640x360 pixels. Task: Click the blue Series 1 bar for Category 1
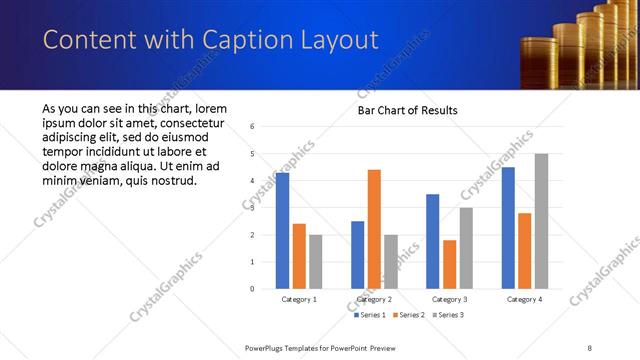click(282, 230)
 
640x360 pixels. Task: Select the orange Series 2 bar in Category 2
click(374, 229)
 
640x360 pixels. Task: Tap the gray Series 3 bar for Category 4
click(541, 221)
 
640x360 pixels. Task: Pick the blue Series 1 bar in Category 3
click(432, 241)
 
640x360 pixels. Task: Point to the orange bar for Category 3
click(449, 264)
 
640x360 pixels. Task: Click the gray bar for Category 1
click(316, 262)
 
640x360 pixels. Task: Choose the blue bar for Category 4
click(508, 228)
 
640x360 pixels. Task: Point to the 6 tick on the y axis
click(252, 127)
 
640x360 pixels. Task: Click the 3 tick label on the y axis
click(252, 208)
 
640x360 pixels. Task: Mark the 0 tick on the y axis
click(252, 289)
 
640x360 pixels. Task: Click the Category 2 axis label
click(374, 299)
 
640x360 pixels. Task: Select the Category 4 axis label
click(524, 299)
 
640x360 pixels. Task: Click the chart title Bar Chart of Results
click(408, 110)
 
